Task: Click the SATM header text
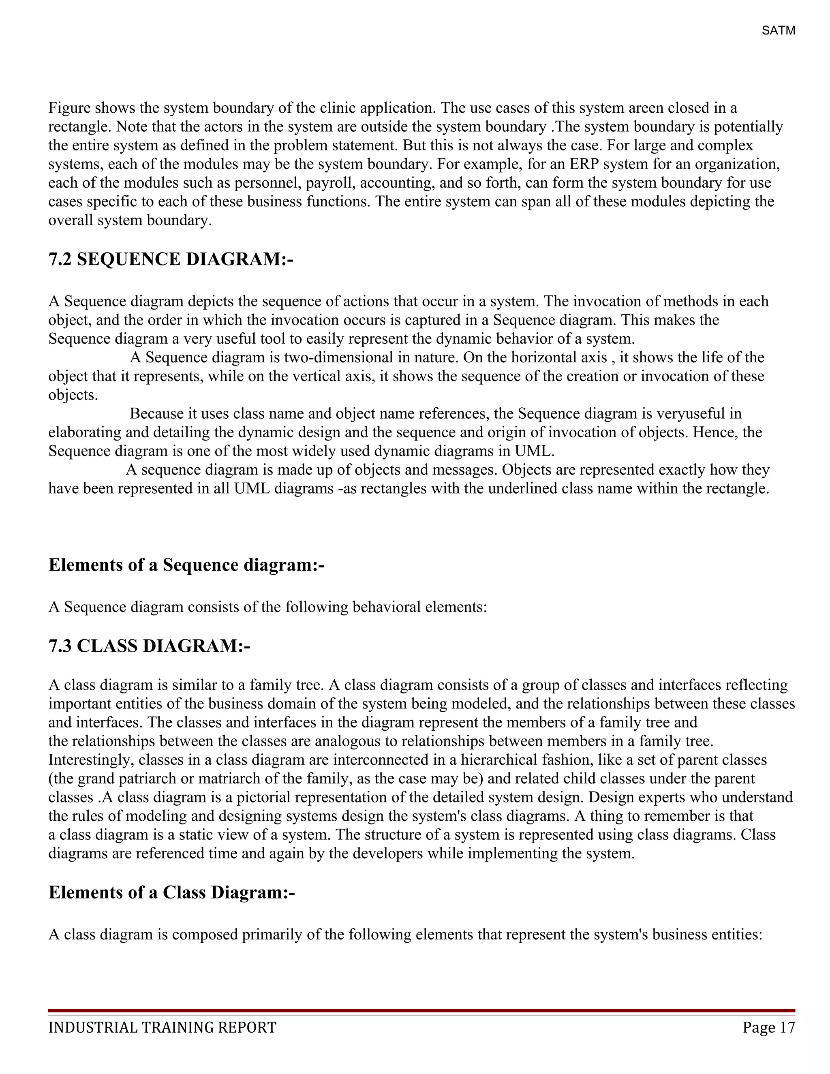[x=778, y=30]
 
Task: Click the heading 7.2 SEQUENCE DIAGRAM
[x=171, y=259]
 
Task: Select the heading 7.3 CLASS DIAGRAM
[x=149, y=646]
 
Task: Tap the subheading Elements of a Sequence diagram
[x=186, y=565]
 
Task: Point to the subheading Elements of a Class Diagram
[x=171, y=892]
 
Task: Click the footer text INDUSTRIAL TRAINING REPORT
[x=162, y=1028]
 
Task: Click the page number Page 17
[x=768, y=1028]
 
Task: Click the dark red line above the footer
[x=421, y=1010]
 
